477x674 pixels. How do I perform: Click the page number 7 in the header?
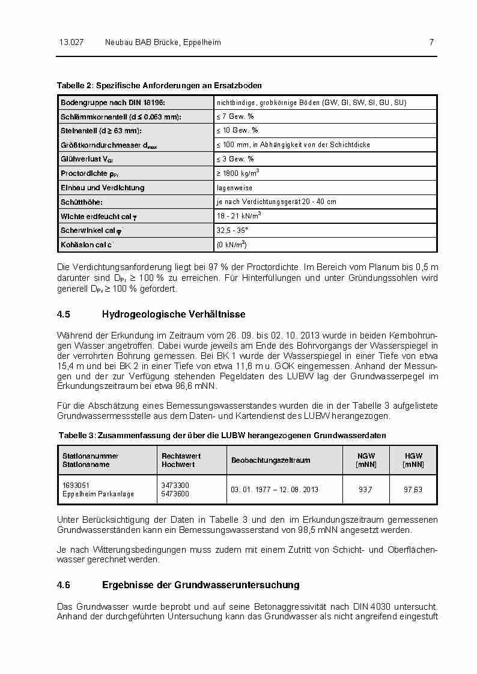tap(431, 43)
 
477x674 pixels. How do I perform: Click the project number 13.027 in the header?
tap(71, 43)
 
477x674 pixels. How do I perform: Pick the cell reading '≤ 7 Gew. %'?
tap(235, 116)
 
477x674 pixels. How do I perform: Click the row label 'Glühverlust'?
tap(86, 159)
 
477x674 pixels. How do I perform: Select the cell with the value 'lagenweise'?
tap(234, 188)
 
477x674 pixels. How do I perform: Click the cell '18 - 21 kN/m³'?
tap(239, 215)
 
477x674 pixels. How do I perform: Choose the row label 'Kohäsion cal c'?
tap(87, 245)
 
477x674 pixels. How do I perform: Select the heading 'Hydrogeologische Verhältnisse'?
tap(174, 314)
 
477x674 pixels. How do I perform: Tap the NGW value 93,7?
tap(365, 490)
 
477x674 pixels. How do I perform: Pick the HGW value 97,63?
tap(413, 490)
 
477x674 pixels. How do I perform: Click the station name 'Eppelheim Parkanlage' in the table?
tap(99, 494)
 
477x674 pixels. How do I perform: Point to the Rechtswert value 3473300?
tap(175, 485)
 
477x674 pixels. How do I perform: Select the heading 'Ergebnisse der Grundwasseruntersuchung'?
tap(201, 585)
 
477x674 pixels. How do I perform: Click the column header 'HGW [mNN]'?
tap(413, 460)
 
